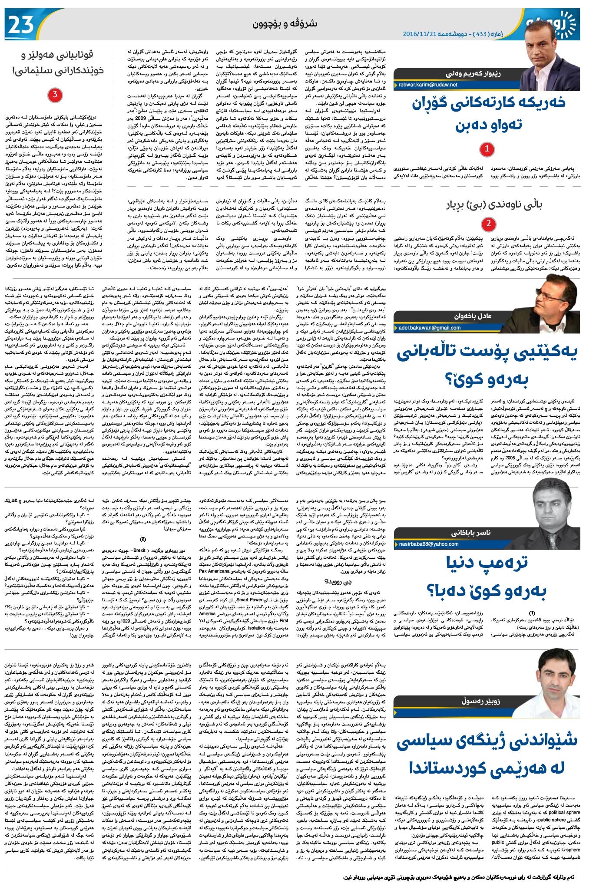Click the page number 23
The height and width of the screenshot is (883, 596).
21,25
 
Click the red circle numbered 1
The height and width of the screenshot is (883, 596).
487,149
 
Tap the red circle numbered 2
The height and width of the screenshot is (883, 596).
489,224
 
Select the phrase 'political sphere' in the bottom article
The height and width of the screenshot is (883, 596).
564,812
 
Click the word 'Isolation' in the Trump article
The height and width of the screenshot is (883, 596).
257,628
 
